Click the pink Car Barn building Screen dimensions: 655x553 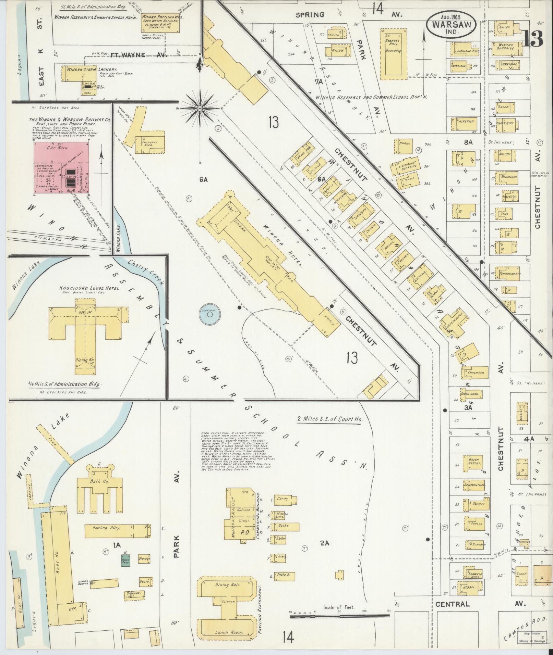click(x=62, y=168)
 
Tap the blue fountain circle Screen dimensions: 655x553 click(x=209, y=313)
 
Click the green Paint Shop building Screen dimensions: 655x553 click(x=126, y=560)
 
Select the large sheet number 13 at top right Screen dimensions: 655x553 click(x=533, y=38)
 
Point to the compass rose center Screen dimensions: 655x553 click(x=200, y=109)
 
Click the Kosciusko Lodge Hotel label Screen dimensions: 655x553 click(x=86, y=288)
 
